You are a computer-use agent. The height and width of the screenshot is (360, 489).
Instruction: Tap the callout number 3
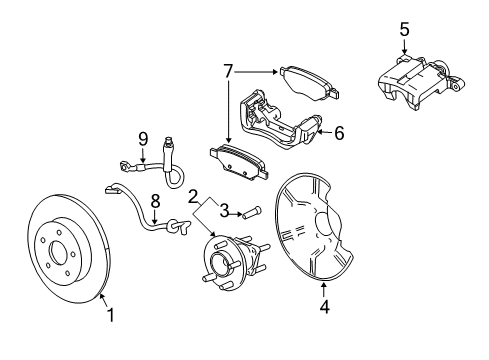tap(225, 209)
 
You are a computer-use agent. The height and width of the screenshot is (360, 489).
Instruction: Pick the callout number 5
tap(404, 29)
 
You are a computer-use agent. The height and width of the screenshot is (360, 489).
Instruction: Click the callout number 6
tap(338, 132)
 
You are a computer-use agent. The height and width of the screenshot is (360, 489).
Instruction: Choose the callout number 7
tap(229, 72)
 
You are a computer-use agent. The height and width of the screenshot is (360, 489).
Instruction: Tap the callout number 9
tap(143, 139)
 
